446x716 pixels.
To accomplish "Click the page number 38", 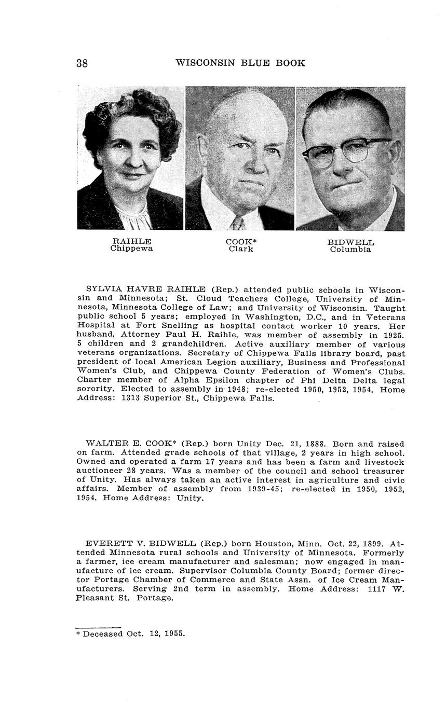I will click(x=82, y=63).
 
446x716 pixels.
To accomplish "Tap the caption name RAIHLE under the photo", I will click(x=132, y=241).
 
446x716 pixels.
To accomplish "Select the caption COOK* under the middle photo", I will click(x=241, y=242).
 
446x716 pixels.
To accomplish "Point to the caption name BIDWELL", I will click(x=350, y=242).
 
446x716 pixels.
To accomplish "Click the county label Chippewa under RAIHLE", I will click(x=132, y=249).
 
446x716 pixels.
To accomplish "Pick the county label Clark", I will click(x=241, y=249).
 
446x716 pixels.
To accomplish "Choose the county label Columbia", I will click(x=350, y=250).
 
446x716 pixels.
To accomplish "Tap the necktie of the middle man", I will click(x=238, y=223).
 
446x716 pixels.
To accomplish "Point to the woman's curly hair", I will click(x=132, y=112).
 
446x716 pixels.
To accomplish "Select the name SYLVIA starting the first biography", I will click(x=103, y=289).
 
